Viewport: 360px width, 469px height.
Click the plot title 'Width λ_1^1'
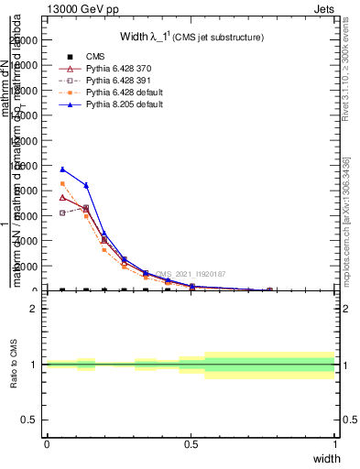tap(191, 38)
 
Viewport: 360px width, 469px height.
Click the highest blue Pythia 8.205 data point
tap(62, 169)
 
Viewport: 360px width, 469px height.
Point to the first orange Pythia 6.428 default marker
tap(62, 184)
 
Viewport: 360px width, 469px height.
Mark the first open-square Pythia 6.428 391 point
tap(62, 213)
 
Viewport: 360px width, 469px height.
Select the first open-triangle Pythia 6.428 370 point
tap(62, 197)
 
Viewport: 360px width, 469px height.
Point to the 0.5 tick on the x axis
tap(191, 444)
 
